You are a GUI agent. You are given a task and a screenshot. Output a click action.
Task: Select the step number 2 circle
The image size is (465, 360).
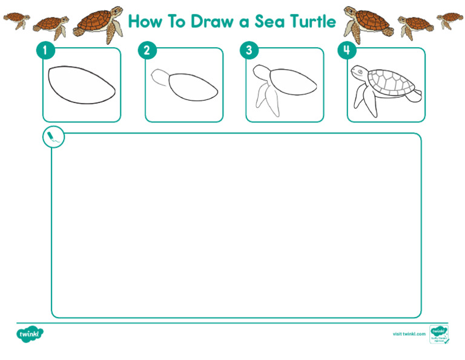[x=147, y=50]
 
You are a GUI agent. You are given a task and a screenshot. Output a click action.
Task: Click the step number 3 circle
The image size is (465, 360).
[x=248, y=50]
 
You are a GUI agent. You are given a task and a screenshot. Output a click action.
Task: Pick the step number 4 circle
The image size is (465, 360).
[x=346, y=50]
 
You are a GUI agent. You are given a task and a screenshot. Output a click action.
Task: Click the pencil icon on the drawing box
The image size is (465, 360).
[x=53, y=137]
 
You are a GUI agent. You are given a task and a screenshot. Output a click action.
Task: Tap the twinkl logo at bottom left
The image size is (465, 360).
[x=30, y=333]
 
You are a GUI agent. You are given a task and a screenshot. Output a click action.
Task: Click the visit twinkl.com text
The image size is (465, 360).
[x=409, y=334]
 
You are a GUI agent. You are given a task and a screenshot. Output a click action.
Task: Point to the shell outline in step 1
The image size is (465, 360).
[x=81, y=85]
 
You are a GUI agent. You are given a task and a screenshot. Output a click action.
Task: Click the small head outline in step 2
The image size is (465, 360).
[x=160, y=77]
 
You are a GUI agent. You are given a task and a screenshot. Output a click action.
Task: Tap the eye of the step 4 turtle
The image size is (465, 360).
[x=360, y=72]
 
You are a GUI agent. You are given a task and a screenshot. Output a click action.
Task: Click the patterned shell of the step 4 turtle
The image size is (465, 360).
[x=391, y=82]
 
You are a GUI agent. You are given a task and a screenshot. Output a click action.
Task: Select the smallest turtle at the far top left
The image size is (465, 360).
[x=16, y=19]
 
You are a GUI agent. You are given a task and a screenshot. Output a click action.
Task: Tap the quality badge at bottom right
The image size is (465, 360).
[x=438, y=334]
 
